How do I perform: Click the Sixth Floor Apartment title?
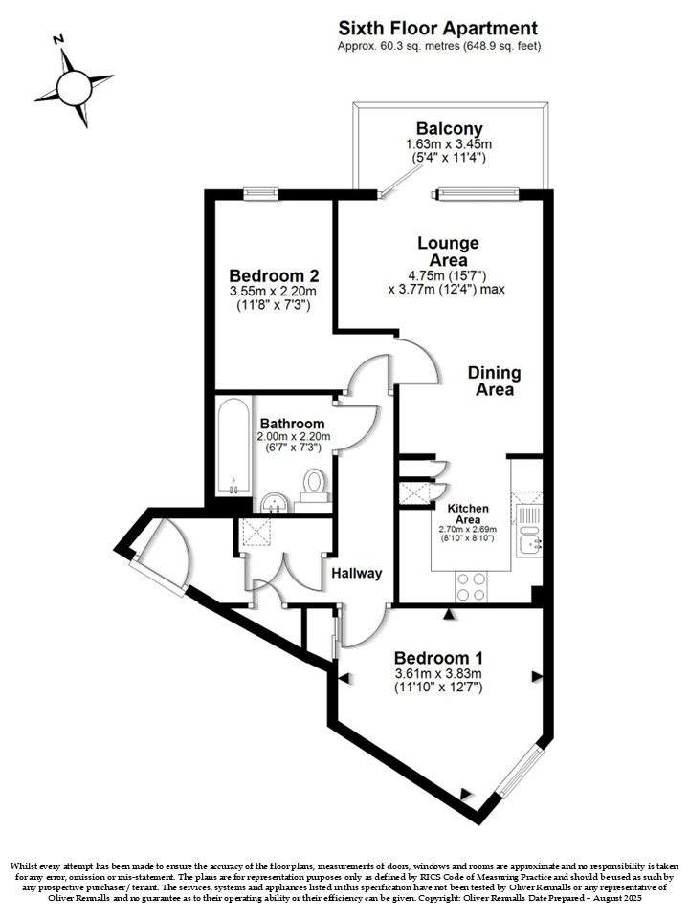(x=438, y=28)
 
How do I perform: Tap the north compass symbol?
(x=74, y=87)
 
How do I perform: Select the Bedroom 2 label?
(x=275, y=275)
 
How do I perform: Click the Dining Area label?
(x=495, y=382)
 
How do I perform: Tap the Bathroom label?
(x=293, y=424)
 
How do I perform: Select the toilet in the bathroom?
(x=315, y=486)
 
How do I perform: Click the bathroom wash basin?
(x=274, y=502)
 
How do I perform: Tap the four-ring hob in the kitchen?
(x=472, y=586)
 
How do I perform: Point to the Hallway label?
(x=357, y=573)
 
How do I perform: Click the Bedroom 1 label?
(x=438, y=658)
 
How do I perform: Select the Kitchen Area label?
(x=468, y=514)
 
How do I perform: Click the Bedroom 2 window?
(x=260, y=193)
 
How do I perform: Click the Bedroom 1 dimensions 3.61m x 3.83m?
(x=438, y=674)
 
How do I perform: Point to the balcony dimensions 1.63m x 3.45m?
(x=449, y=144)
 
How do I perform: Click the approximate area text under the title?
(x=439, y=46)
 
